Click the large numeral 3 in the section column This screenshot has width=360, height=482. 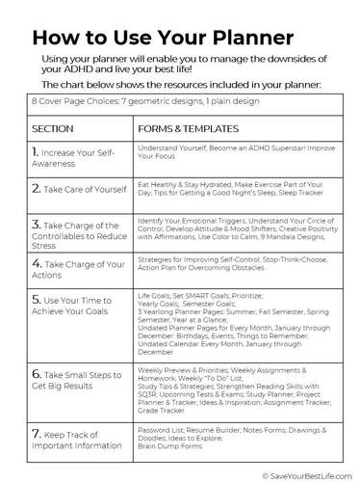36,224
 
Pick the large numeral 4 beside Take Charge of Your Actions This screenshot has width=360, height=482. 36,261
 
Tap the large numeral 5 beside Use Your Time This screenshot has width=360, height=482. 36,301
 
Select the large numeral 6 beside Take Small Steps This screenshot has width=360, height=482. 36,372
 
